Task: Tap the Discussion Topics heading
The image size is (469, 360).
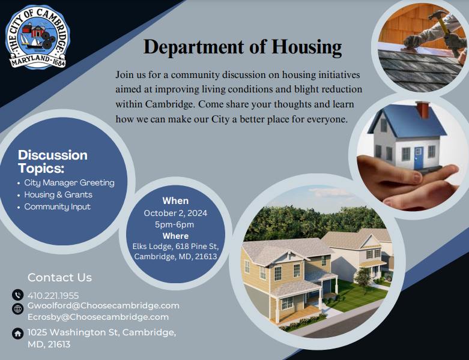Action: pyautogui.click(x=53, y=161)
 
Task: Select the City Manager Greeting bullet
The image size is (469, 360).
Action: pyautogui.click(x=69, y=182)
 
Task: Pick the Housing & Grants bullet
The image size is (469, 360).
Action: pyautogui.click(x=58, y=194)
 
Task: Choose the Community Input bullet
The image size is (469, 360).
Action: pyautogui.click(x=57, y=206)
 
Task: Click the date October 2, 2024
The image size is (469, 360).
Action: pyautogui.click(x=176, y=213)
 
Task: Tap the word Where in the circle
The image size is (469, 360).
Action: pyautogui.click(x=175, y=236)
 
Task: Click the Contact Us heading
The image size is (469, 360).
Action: pyautogui.click(x=59, y=277)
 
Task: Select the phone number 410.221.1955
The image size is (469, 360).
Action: pyautogui.click(x=53, y=295)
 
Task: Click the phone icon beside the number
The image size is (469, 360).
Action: pyautogui.click(x=17, y=295)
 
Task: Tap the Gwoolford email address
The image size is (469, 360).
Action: pyautogui.click(x=103, y=305)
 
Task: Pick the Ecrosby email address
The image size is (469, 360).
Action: pyautogui.click(x=98, y=317)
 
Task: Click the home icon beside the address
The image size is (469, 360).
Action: pyautogui.click(x=17, y=333)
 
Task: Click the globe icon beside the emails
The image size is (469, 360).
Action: pyautogui.click(x=17, y=308)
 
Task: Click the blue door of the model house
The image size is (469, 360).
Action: pyautogui.click(x=418, y=157)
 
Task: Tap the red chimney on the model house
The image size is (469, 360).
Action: pyautogui.click(x=423, y=110)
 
